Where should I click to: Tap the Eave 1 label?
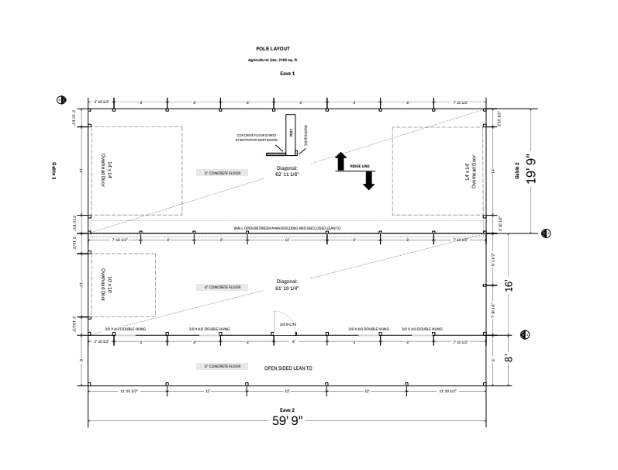288,73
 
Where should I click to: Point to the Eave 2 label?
288,409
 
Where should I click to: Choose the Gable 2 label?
516,171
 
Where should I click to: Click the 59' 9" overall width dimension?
288,420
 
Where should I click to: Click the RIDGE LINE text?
360,166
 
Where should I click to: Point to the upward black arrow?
340,161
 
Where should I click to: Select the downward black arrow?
369,179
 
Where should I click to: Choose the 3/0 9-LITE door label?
287,323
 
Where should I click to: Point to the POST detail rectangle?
292,132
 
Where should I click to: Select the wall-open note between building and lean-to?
288,228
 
